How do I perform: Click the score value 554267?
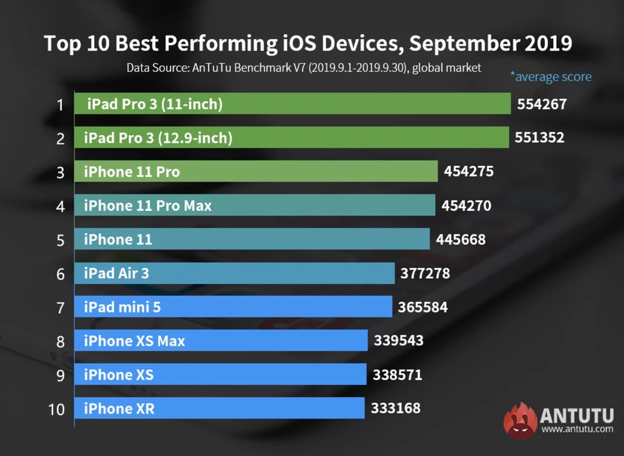point(542,104)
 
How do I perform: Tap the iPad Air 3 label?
point(117,273)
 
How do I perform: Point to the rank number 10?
point(56,409)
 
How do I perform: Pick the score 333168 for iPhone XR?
point(396,409)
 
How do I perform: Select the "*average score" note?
point(550,77)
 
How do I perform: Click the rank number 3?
point(61,172)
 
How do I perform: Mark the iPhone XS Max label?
point(134,341)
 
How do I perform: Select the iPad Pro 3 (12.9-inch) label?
point(158,138)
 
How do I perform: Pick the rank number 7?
point(61,308)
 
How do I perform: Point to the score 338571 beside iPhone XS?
point(397,375)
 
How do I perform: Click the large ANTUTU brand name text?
point(577,415)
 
